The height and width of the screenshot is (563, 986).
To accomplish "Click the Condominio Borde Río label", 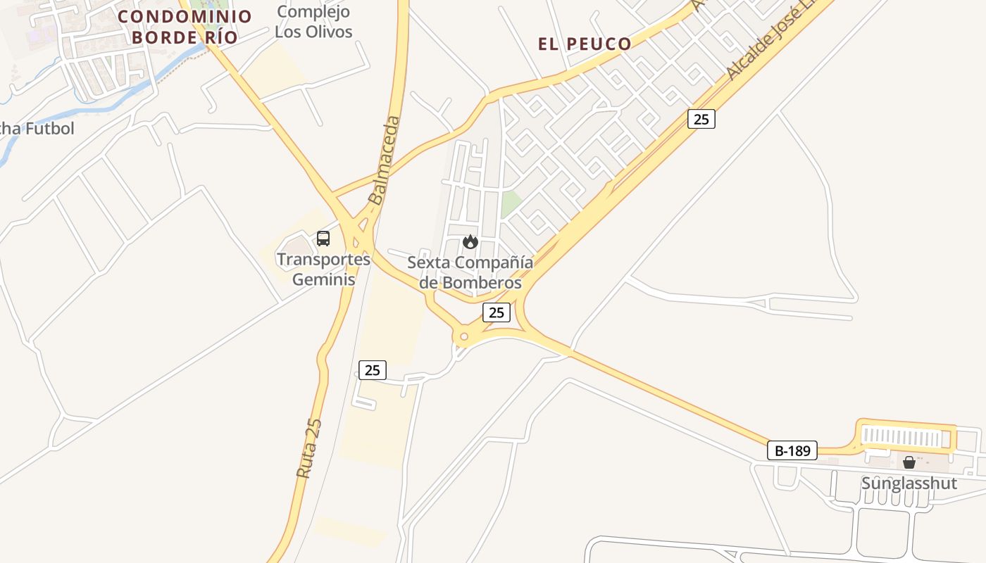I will [x=185, y=27].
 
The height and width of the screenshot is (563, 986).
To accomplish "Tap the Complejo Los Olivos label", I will [x=313, y=22].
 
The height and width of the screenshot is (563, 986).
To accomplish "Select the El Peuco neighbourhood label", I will [x=585, y=44].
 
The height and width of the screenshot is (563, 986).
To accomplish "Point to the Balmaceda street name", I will [x=385, y=160].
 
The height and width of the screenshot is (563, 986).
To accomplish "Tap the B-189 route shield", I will [x=792, y=450].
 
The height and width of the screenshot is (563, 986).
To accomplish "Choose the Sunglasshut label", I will [x=909, y=483].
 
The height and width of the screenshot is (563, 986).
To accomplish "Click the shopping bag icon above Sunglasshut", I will [x=909, y=462].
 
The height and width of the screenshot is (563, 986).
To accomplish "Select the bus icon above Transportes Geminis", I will [x=323, y=239].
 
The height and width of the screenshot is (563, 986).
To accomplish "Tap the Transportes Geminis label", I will [x=323, y=269].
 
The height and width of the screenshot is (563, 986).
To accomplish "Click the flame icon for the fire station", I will [x=470, y=242].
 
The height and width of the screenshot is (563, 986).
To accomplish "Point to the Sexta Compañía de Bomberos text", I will [x=470, y=272].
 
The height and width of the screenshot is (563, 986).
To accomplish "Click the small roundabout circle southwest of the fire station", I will [x=463, y=337].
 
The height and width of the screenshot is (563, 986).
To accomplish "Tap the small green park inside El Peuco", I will [x=511, y=204].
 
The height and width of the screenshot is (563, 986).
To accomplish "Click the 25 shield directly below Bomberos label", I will [x=497, y=312].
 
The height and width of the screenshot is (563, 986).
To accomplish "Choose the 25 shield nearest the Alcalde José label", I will [x=701, y=119].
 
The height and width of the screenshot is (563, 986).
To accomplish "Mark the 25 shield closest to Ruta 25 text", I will [x=373, y=369].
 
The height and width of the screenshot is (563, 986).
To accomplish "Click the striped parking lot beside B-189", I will [x=904, y=438].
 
